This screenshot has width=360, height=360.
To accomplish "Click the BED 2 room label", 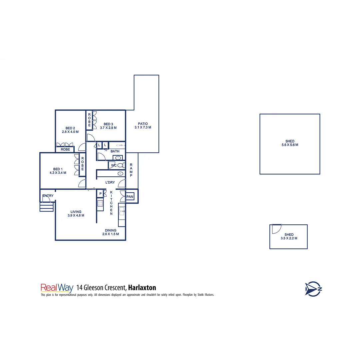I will (70, 128).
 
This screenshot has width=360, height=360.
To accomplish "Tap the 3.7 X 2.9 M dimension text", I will (108, 128).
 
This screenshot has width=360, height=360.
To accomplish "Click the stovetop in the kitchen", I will (100, 203).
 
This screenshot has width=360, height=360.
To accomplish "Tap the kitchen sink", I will (122, 210).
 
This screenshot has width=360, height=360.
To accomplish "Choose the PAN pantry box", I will (130, 197).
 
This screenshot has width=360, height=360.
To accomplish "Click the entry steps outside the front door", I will (46, 207).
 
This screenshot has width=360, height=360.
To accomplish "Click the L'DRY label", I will (110, 182).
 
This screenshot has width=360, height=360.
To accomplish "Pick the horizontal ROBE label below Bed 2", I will (65, 150).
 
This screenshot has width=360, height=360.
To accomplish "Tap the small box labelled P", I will (100, 194).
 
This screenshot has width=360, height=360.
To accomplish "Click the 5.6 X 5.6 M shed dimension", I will (290, 145).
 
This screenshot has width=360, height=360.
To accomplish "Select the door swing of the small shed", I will (276, 229).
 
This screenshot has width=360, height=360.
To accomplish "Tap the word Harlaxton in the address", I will (142, 288).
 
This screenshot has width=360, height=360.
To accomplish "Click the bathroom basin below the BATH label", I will (118, 157).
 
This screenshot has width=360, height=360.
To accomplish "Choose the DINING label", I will (111, 230).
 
